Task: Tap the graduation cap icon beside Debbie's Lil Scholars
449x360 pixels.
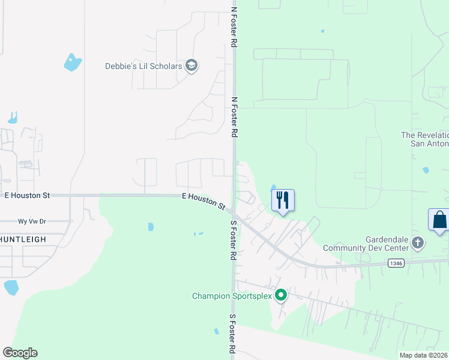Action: (191, 65)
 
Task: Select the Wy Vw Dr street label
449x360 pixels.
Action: (32, 221)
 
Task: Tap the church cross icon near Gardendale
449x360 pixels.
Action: (418, 243)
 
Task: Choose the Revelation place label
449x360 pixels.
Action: (424, 139)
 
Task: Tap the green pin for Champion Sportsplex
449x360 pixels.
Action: (280, 295)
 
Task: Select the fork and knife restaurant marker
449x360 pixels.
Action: (283, 200)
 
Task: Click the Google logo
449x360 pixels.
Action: (20, 353)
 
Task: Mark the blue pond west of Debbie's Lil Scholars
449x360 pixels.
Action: (73, 62)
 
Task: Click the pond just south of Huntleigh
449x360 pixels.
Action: (11, 287)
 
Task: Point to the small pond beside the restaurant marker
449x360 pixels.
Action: (274, 187)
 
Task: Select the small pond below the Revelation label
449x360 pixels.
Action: (426, 170)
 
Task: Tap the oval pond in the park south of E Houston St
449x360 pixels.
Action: (151, 227)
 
